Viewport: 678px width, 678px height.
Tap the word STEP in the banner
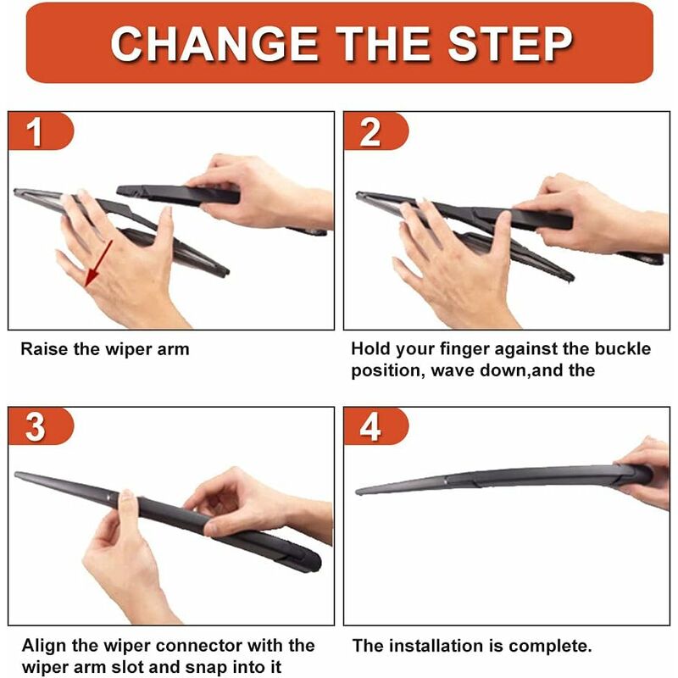tap(510, 44)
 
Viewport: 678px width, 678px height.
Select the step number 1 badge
tap(41, 131)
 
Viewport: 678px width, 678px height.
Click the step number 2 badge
tap(375, 131)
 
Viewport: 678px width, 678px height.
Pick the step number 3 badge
tap(41, 426)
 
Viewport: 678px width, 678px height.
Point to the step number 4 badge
tap(375, 426)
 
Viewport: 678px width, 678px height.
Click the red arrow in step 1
tap(98, 264)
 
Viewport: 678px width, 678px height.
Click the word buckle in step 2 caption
tap(623, 348)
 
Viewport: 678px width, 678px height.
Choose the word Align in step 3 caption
tap(45, 646)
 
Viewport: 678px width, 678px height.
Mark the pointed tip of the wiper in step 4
tap(357, 492)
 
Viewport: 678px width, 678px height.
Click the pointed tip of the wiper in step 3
tap(16, 475)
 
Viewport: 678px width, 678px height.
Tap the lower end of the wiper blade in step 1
tap(227, 272)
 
